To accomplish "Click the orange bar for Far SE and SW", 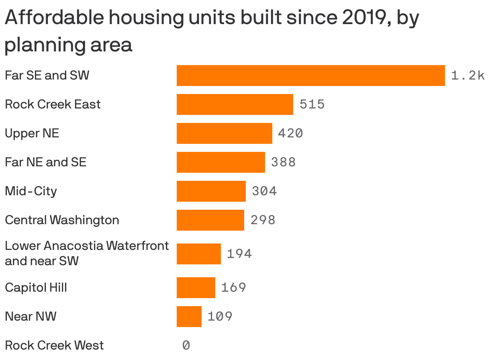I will click(x=310, y=76).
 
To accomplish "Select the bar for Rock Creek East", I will click(x=235, y=104).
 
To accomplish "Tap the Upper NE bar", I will click(x=224, y=133).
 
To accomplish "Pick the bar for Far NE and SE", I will click(x=220, y=162).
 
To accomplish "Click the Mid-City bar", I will click(x=211, y=191).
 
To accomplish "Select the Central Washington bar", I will click(x=210, y=220).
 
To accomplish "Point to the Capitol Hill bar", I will click(x=196, y=288).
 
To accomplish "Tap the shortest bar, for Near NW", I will click(x=189, y=317).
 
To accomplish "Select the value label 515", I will click(x=312, y=104).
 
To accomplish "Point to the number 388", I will click(x=284, y=162).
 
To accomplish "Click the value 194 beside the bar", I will click(x=239, y=254).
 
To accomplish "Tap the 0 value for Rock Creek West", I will click(x=186, y=345).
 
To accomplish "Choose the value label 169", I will click(x=234, y=288).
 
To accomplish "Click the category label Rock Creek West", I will click(x=54, y=345).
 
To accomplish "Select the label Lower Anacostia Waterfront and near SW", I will click(x=86, y=253).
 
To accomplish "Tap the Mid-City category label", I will click(x=31, y=191).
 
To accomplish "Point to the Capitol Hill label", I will click(x=36, y=288).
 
